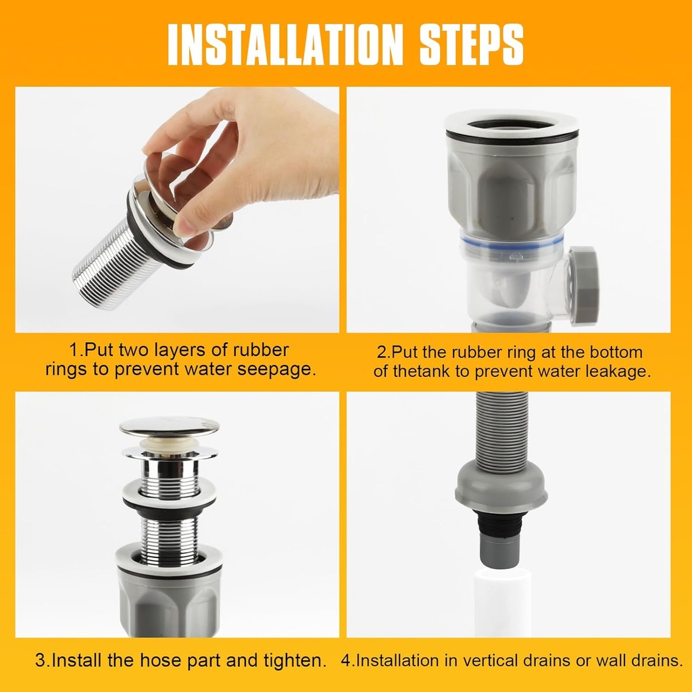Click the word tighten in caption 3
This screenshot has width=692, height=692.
[295, 660]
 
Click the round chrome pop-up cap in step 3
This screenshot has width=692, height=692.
[169, 426]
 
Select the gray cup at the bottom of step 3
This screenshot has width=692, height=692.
[169, 601]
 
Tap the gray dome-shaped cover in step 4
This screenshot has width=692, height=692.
[501, 487]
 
